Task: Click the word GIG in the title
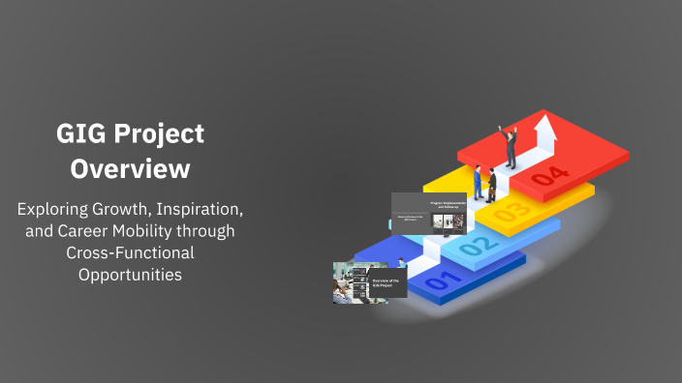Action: click(x=78, y=133)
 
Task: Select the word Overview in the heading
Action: click(x=131, y=168)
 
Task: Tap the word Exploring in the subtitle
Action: click(x=56, y=208)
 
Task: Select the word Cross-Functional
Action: click(x=131, y=252)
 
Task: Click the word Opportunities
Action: click(x=131, y=275)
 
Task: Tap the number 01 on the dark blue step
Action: click(x=439, y=282)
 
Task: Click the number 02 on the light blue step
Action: click(x=474, y=246)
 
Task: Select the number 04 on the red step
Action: click(x=549, y=175)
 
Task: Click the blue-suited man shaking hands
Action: click(x=478, y=181)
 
